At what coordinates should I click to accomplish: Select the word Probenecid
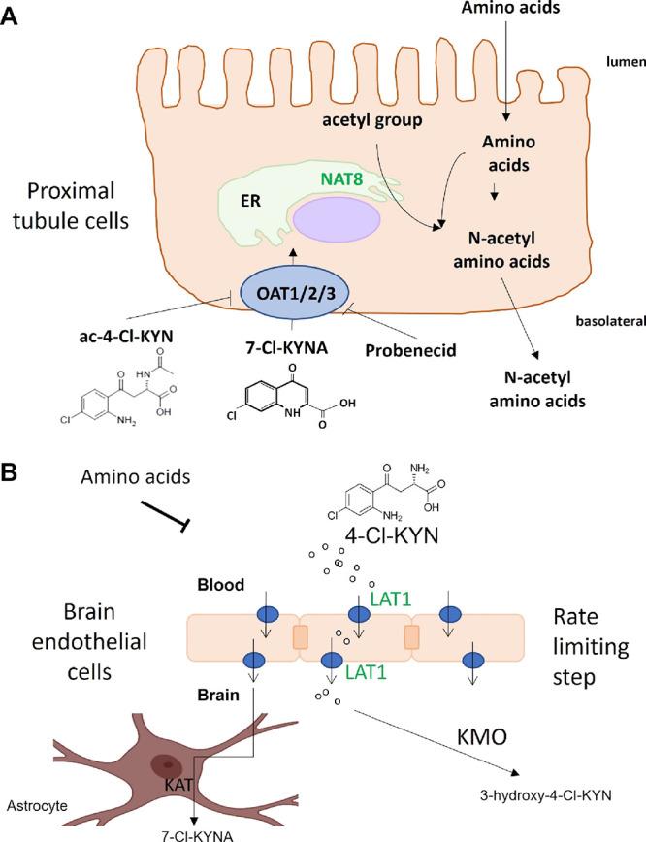pyautogui.click(x=411, y=347)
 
